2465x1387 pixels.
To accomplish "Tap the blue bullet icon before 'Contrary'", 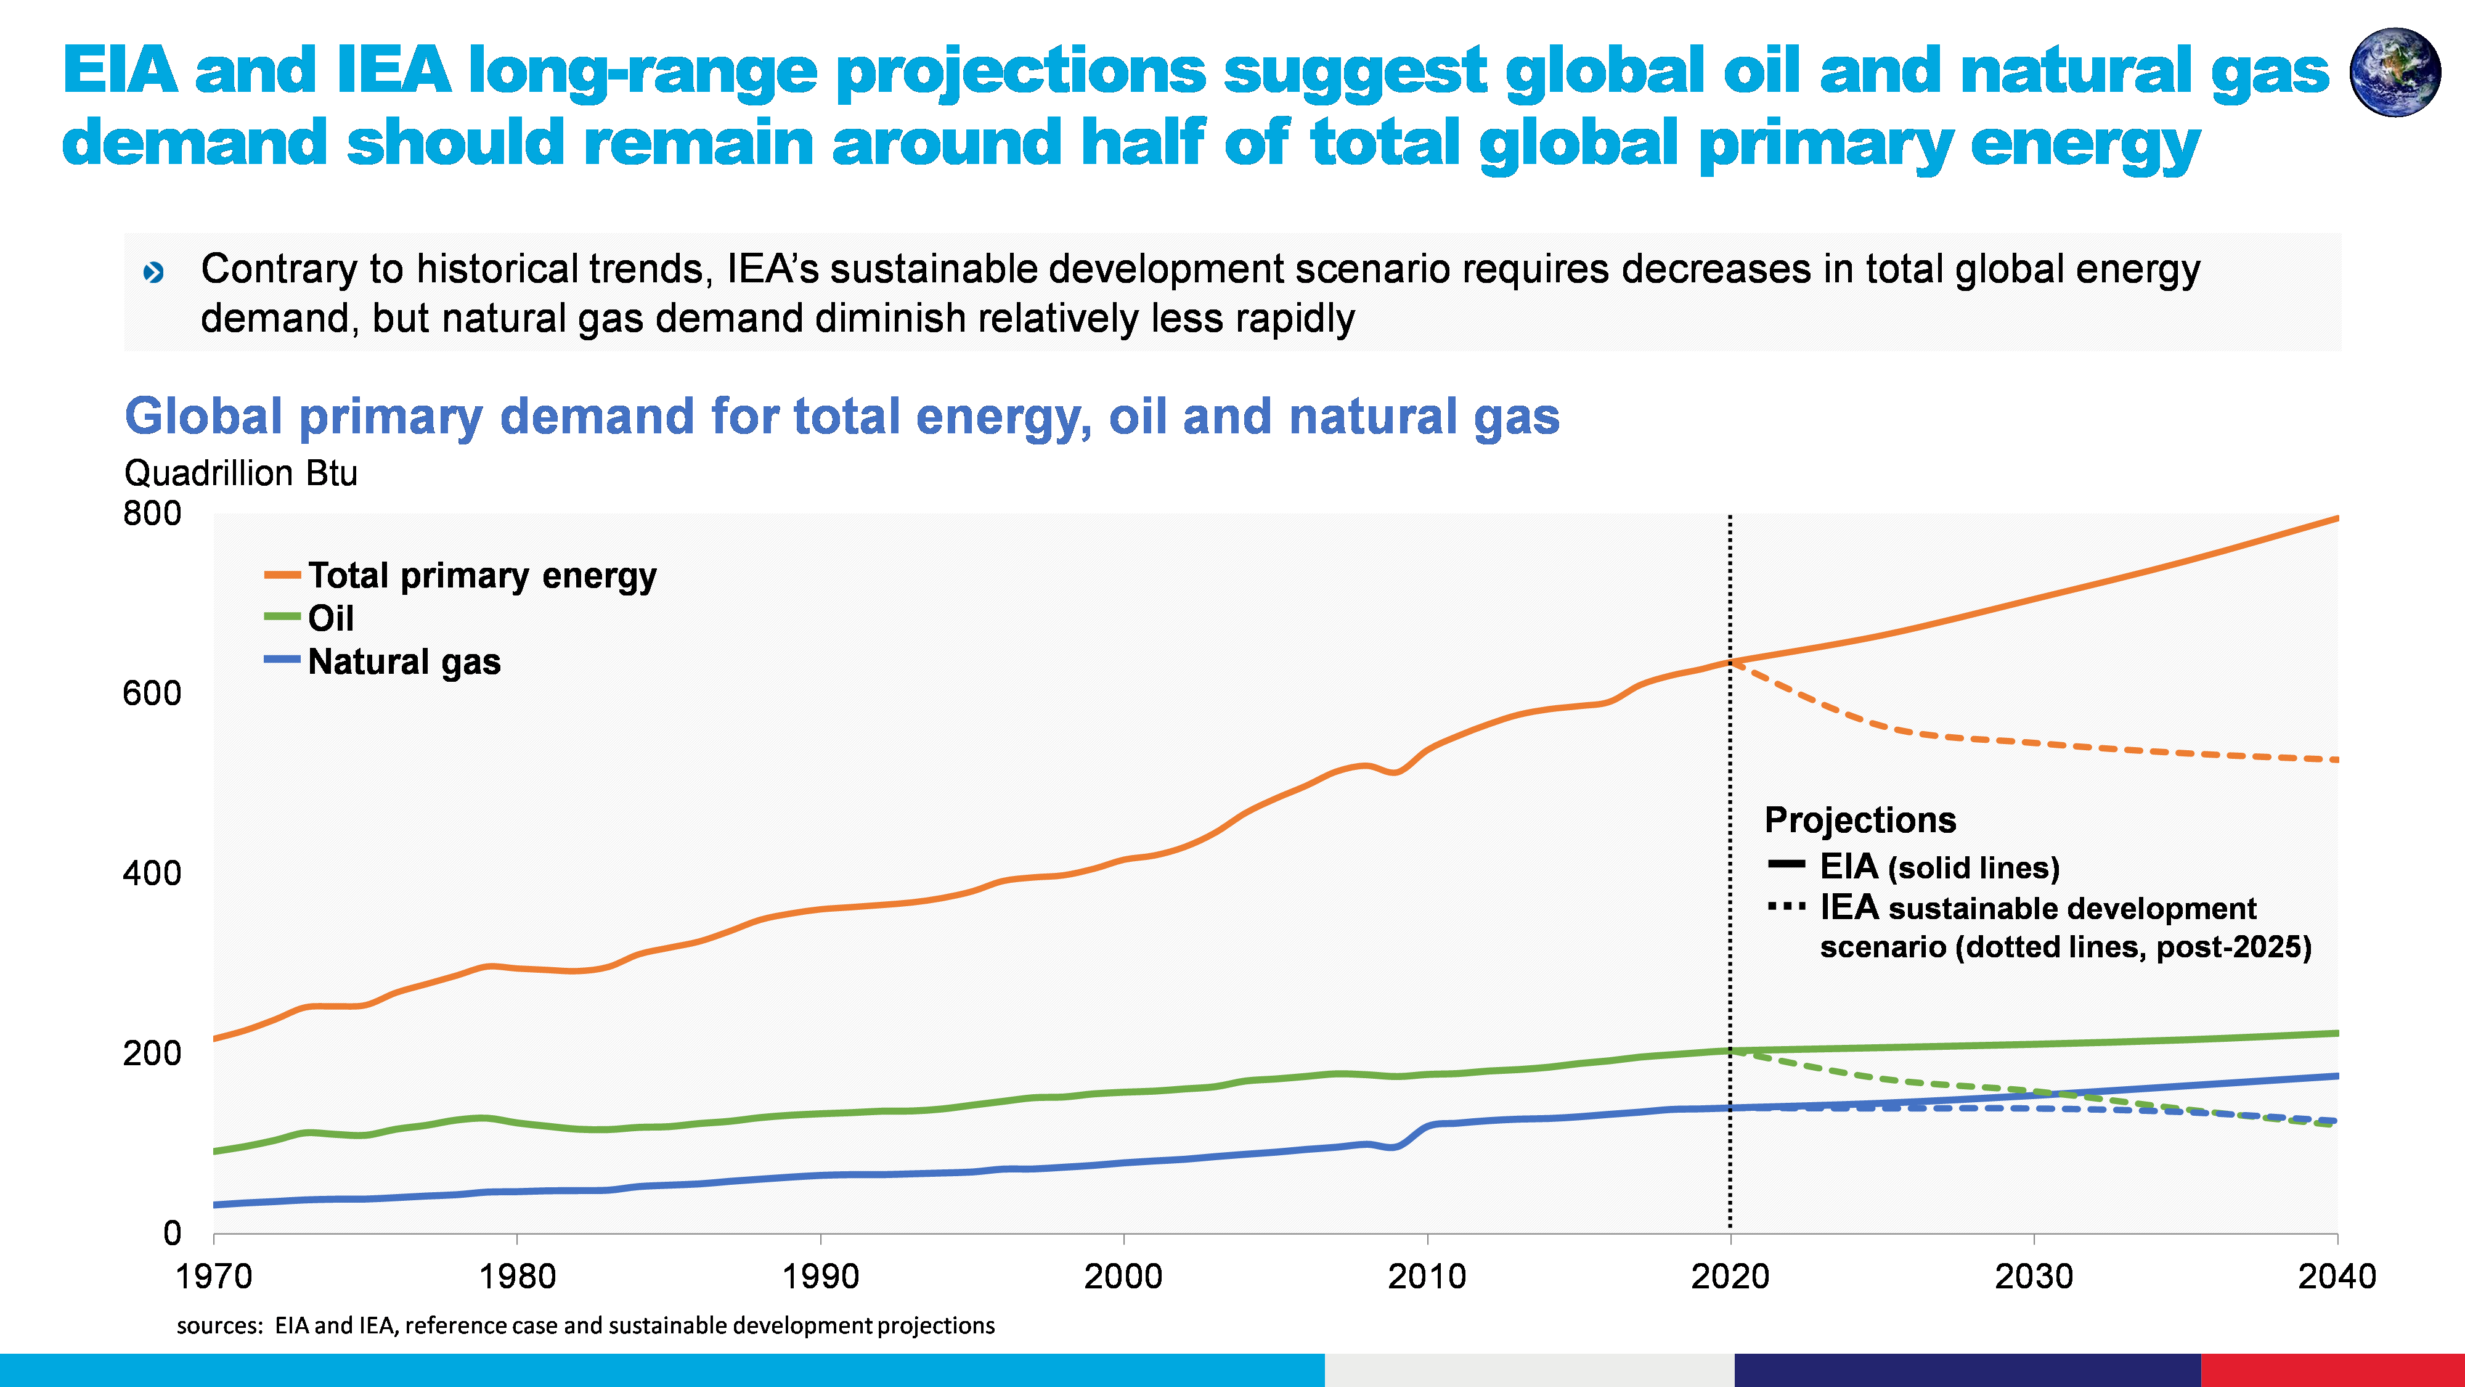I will coord(153,273).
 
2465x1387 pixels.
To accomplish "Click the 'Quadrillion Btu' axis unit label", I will coord(240,473).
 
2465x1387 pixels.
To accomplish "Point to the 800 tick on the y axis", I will coord(152,514).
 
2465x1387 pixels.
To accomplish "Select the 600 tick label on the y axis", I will coord(152,693).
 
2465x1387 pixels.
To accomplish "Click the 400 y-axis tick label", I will coord(152,873).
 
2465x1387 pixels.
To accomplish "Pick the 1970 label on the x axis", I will coord(213,1276).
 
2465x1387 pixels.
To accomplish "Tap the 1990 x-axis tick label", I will coord(820,1276).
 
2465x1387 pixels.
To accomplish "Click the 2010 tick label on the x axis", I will coord(1427,1276).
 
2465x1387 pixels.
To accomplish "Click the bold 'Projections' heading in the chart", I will coord(1859,820).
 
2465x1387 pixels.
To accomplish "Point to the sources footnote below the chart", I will coord(585,1326).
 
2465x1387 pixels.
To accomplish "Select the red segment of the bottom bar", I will coord(2332,1370).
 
